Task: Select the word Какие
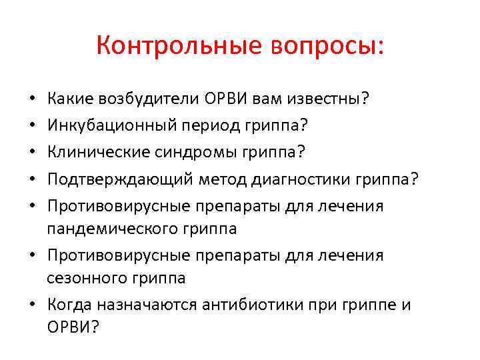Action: [71, 99]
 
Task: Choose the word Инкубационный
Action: [111, 125]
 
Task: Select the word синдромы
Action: [192, 152]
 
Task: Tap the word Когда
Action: [69, 305]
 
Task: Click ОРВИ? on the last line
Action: [73, 328]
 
